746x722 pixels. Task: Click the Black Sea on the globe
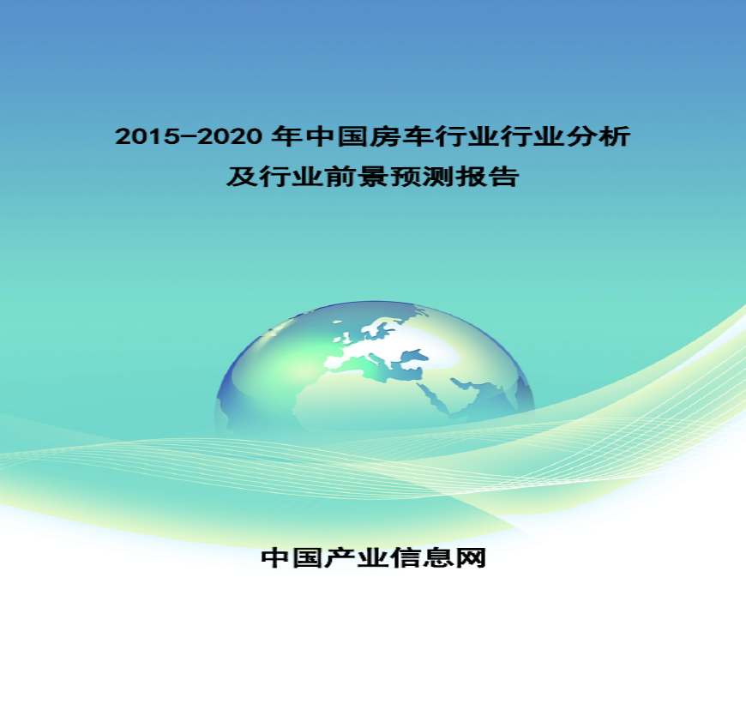click(x=413, y=355)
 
